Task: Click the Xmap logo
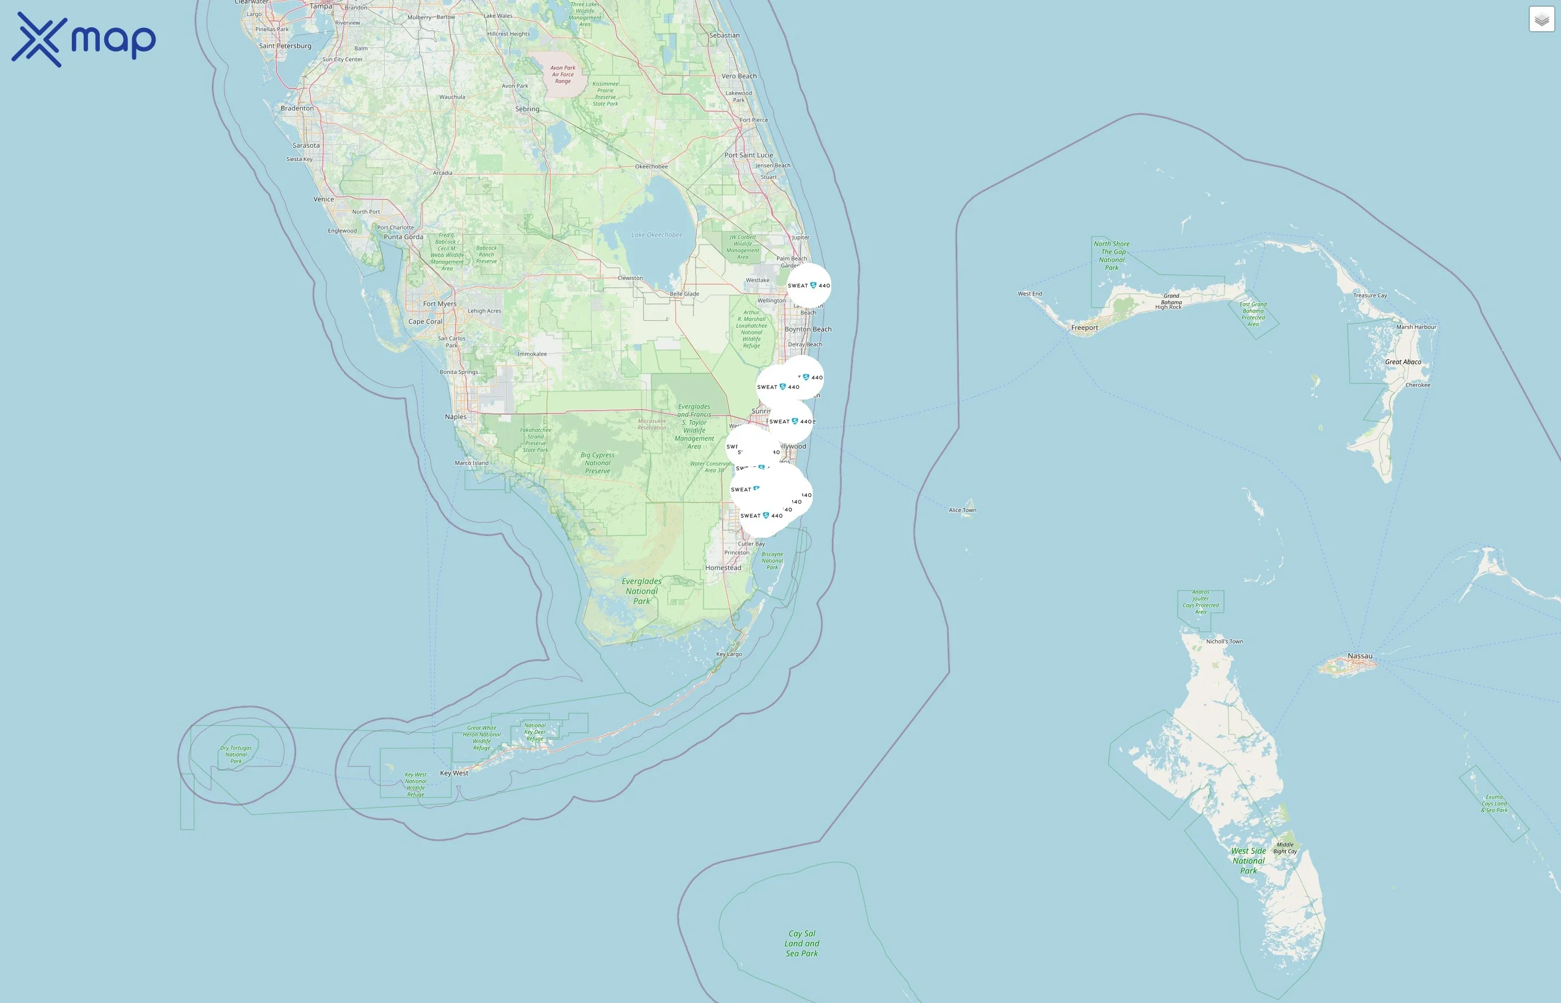[x=84, y=40]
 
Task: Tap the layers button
[x=1541, y=20]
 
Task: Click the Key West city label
[x=454, y=773]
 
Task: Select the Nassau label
[x=1360, y=656]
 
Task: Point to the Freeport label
[x=1084, y=328]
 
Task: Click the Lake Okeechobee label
[x=657, y=235]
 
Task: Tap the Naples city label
[x=455, y=417]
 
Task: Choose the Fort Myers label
[x=440, y=304]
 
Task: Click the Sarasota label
[x=306, y=145]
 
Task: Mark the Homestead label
[x=723, y=568]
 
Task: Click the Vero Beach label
[x=739, y=76]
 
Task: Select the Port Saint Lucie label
[x=749, y=155]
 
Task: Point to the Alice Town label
[x=962, y=510]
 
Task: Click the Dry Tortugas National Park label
[x=236, y=754]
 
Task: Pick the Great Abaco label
[x=1403, y=362]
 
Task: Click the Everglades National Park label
[x=642, y=591]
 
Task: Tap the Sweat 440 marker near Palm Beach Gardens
[x=808, y=285]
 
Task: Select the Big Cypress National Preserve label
[x=598, y=463]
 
